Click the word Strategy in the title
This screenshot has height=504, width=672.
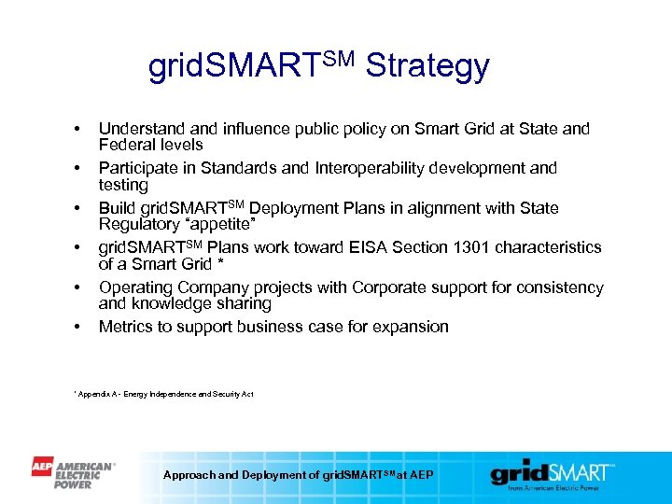[x=427, y=66]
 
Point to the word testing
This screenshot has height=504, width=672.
[x=123, y=185]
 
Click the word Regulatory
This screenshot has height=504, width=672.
[x=137, y=224]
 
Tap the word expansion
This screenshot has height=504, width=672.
[x=409, y=327]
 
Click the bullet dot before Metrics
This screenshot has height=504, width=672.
[x=79, y=328]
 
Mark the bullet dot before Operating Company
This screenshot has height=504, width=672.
[x=79, y=287]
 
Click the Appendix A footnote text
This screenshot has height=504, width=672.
[x=163, y=394]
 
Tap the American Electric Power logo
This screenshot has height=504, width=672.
[x=74, y=473]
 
